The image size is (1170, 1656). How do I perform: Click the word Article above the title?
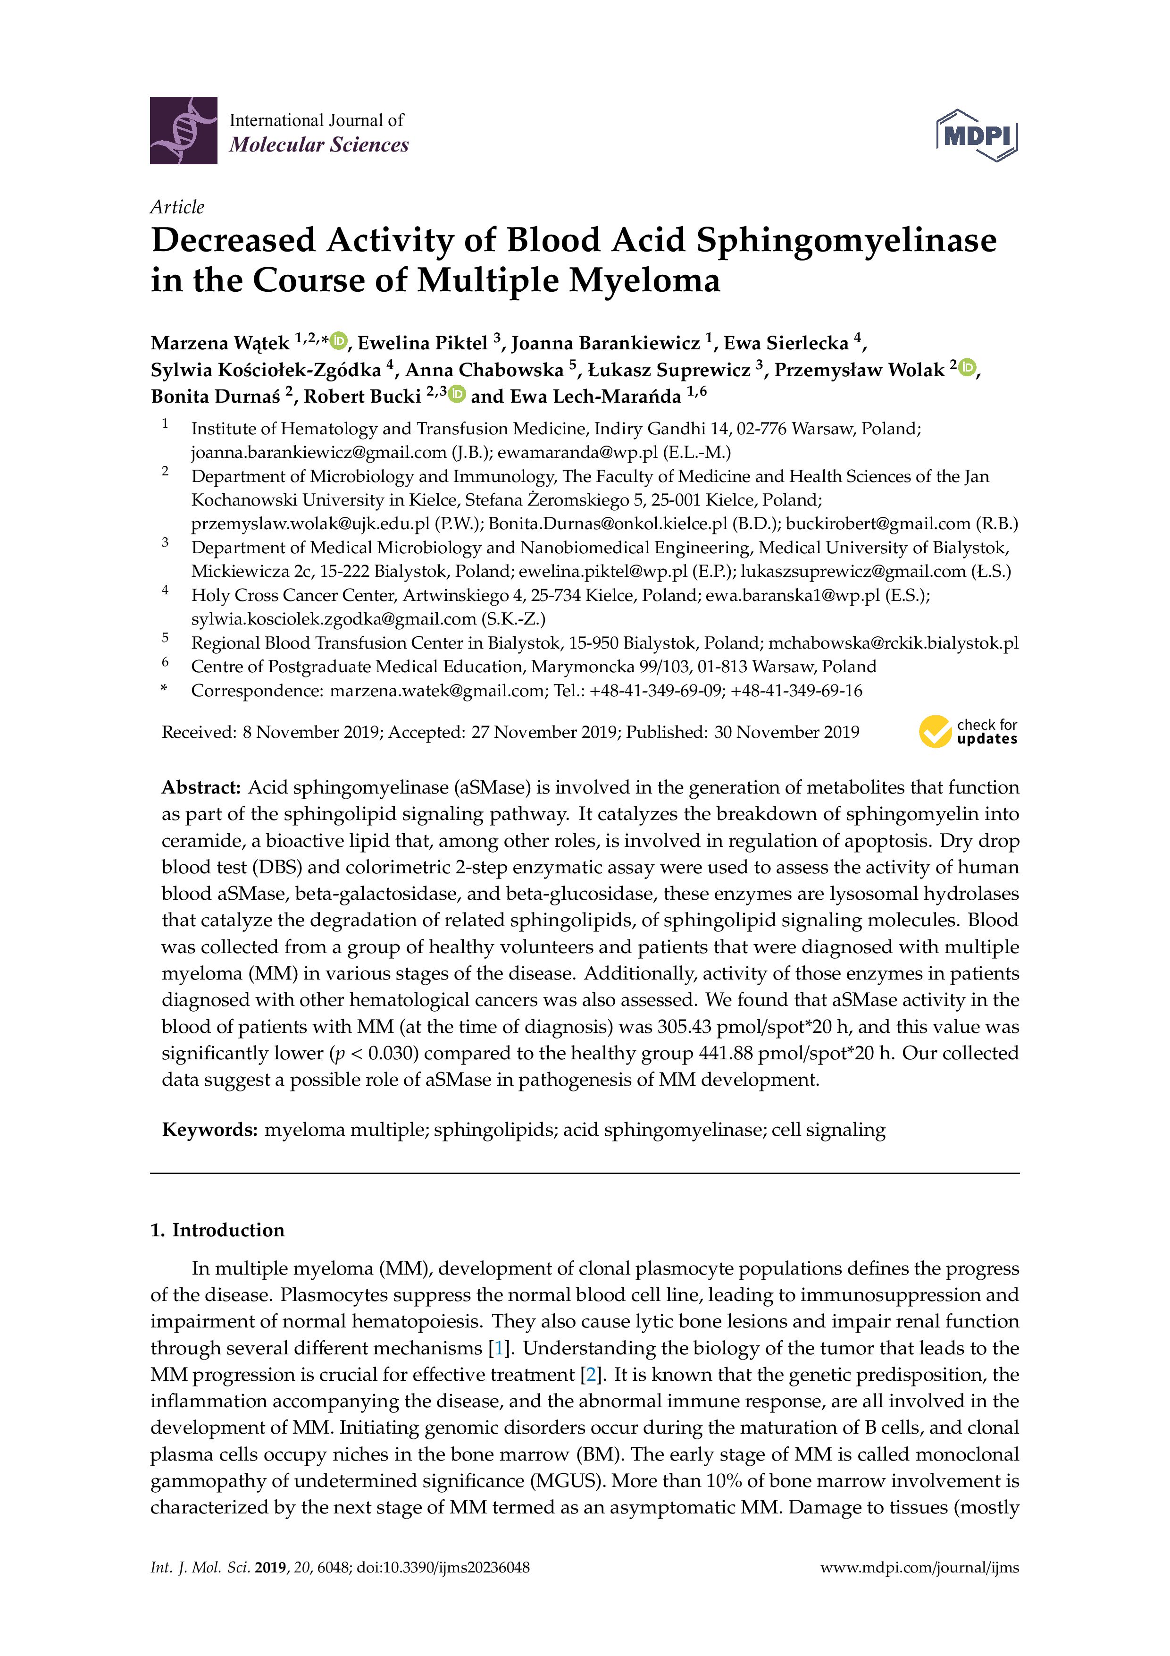pyautogui.click(x=176, y=207)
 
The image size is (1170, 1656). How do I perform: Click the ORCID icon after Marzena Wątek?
pyautogui.click(x=338, y=340)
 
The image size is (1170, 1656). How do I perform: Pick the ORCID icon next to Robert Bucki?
pyautogui.click(x=457, y=395)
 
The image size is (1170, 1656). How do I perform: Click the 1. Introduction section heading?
pyautogui.click(x=217, y=1230)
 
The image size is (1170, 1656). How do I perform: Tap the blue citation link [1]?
pyautogui.click(x=497, y=1348)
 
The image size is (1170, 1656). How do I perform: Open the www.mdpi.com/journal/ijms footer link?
pyautogui.click(x=919, y=1567)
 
